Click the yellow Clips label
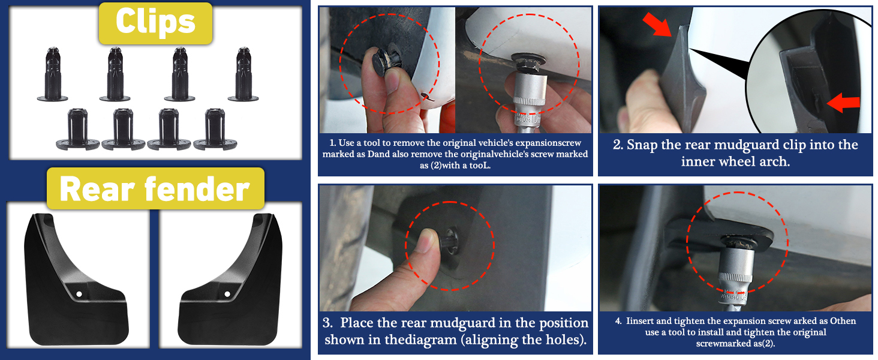click(155, 23)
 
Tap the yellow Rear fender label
click(155, 188)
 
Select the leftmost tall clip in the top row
click(53, 74)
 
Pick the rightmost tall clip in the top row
click(243, 74)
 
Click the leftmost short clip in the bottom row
click(77, 130)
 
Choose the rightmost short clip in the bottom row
click(215, 130)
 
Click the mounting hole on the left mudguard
click(79, 294)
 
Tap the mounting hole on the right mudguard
click(227, 294)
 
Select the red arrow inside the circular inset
click(843, 103)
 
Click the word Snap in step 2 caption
click(642, 145)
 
